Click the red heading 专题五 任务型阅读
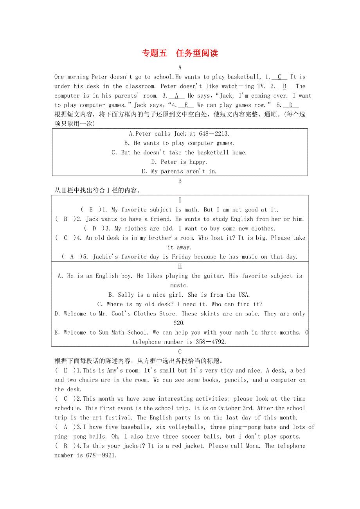pyautogui.click(x=180, y=53)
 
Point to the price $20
pyautogui.click(x=180, y=323)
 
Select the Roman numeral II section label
pyautogui.click(x=180, y=267)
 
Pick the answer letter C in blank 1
pyautogui.click(x=279, y=77)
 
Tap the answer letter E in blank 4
pyautogui.click(x=186, y=105)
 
